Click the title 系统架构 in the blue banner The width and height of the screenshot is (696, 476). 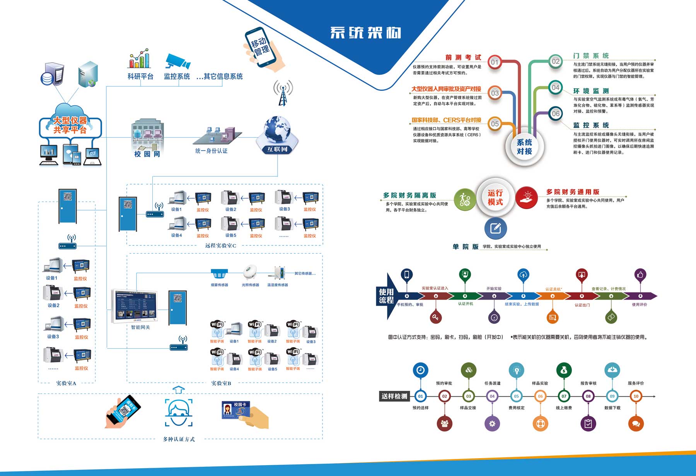365,33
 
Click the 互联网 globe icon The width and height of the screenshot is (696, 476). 277,132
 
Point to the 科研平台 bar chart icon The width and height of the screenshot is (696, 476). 139,59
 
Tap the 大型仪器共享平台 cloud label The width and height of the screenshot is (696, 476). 70,125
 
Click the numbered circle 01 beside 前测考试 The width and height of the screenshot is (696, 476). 495,62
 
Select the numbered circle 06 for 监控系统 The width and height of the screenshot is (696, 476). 556,113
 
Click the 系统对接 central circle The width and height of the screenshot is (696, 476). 524,147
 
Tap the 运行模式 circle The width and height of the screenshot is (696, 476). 495,197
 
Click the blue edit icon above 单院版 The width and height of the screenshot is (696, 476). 495,228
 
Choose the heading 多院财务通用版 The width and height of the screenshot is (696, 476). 573,192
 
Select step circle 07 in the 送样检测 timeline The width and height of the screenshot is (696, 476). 564,396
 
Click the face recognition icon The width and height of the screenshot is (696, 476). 179,413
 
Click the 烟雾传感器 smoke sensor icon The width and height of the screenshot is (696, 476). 219,274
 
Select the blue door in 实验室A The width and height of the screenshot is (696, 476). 67,206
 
